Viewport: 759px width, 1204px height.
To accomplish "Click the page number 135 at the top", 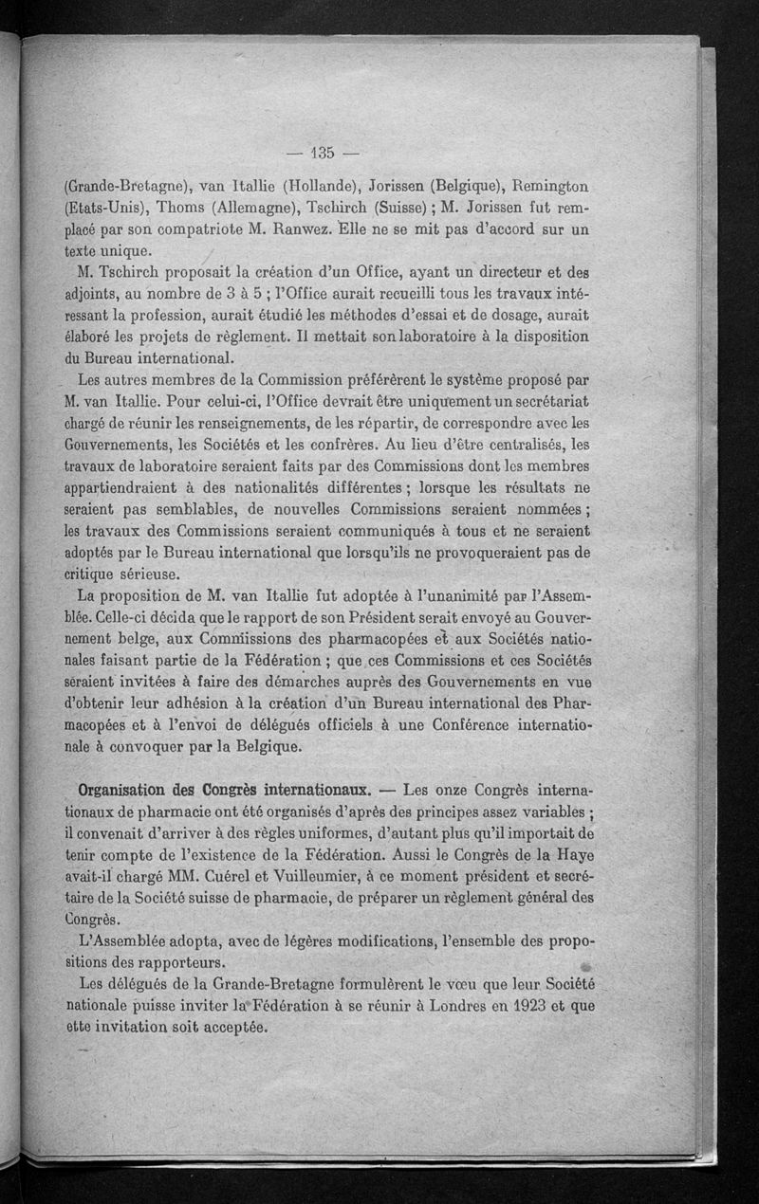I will click(324, 153).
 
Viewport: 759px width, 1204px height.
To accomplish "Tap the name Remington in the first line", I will click(547, 186).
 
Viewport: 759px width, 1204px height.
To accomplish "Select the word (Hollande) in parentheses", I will click(314, 186).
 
